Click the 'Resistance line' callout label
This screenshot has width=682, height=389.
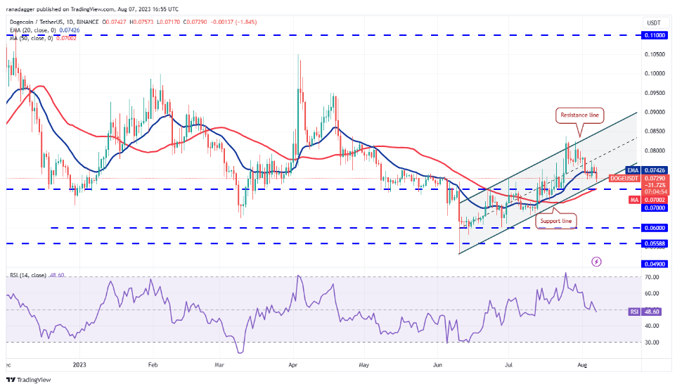coord(580,114)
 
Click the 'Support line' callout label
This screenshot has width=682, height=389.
coord(556,222)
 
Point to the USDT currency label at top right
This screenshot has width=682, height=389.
coord(652,23)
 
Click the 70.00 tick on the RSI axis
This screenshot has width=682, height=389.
coord(652,277)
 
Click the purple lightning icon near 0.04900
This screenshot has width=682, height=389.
coord(597,261)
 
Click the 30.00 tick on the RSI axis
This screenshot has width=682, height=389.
coord(652,343)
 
